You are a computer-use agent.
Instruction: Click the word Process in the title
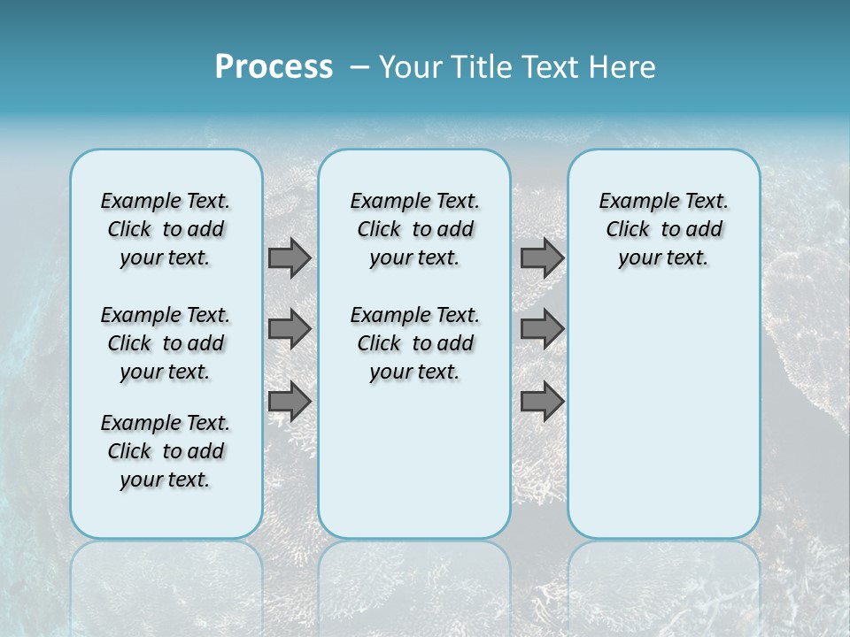click(x=274, y=66)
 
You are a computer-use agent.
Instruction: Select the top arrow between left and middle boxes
click(x=290, y=258)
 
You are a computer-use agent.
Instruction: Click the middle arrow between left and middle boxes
click(x=290, y=329)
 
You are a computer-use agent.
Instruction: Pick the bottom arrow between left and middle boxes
click(x=290, y=401)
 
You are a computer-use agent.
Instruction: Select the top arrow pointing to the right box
click(x=542, y=258)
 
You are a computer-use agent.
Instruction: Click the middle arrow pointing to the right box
click(x=542, y=329)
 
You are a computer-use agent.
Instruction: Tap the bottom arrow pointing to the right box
click(x=542, y=401)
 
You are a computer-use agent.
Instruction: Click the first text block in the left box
click(x=166, y=229)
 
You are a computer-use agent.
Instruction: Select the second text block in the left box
click(x=166, y=343)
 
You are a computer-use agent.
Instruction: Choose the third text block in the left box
click(x=166, y=451)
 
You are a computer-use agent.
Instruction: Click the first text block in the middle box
click(x=414, y=229)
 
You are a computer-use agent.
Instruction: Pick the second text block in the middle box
click(x=414, y=343)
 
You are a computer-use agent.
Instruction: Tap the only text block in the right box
click(x=663, y=229)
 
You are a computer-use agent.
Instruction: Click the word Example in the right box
click(x=632, y=202)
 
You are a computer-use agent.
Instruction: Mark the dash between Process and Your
click(x=359, y=67)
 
